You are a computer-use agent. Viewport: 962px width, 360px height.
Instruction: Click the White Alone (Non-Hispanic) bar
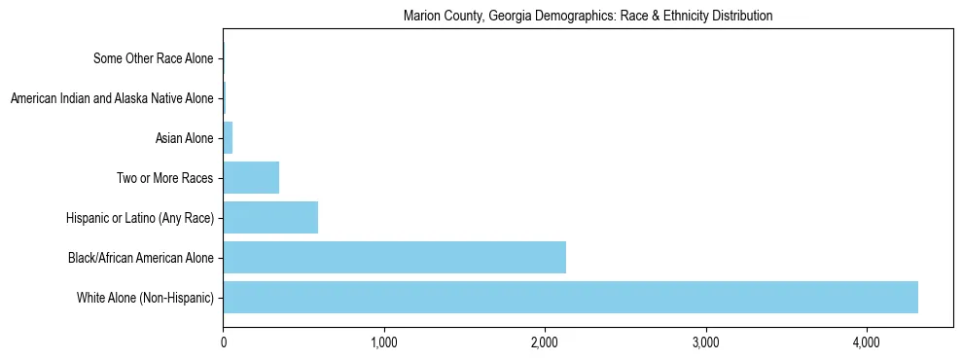570,297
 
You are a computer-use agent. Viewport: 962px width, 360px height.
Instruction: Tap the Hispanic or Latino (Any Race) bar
270,217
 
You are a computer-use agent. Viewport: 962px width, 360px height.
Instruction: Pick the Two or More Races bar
251,177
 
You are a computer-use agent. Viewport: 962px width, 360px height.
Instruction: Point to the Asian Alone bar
228,138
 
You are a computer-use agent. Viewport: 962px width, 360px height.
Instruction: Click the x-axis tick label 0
223,342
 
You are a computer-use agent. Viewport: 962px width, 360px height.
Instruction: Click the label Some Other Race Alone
153,59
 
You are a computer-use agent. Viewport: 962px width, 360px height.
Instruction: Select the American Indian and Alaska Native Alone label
111,99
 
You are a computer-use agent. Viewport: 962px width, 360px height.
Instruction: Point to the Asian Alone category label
184,139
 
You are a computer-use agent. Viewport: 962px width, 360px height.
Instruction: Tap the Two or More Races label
163,178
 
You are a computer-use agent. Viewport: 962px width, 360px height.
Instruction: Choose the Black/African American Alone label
140,258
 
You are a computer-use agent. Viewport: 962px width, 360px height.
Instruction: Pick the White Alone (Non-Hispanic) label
145,298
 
